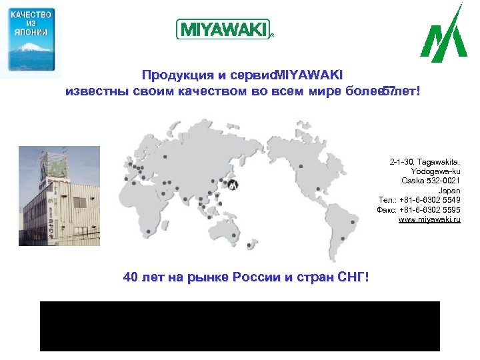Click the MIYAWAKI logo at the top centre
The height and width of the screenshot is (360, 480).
(x=222, y=29)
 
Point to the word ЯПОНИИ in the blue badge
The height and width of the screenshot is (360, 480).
(x=31, y=31)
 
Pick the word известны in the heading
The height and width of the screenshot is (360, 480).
(x=92, y=90)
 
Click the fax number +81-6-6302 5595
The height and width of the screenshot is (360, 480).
(x=429, y=209)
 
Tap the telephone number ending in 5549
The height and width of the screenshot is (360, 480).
(x=429, y=200)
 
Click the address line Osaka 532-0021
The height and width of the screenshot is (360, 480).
(x=431, y=181)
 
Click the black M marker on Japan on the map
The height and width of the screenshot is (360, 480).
(x=233, y=185)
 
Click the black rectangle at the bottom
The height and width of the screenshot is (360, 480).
(x=240, y=326)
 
